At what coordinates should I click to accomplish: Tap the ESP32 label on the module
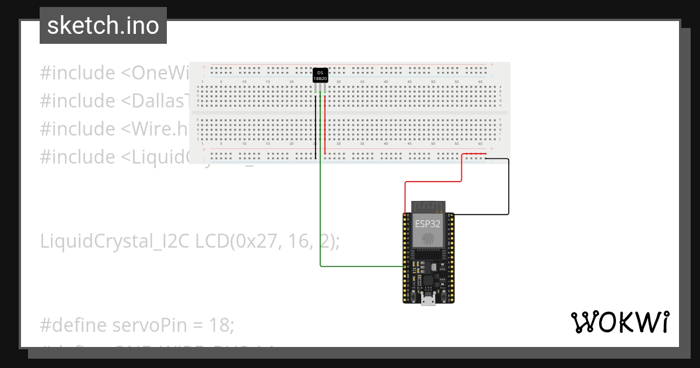click(x=428, y=223)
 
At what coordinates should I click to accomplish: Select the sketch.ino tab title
click(x=103, y=26)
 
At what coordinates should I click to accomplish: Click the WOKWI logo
click(x=619, y=322)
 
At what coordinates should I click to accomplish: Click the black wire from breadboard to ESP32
click(x=508, y=187)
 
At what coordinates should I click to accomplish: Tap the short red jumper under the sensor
click(x=325, y=123)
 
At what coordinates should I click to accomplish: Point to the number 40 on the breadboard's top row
click(x=386, y=82)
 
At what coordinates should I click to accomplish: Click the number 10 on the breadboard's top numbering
click(x=244, y=82)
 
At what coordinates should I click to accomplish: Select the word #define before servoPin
click(x=72, y=325)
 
